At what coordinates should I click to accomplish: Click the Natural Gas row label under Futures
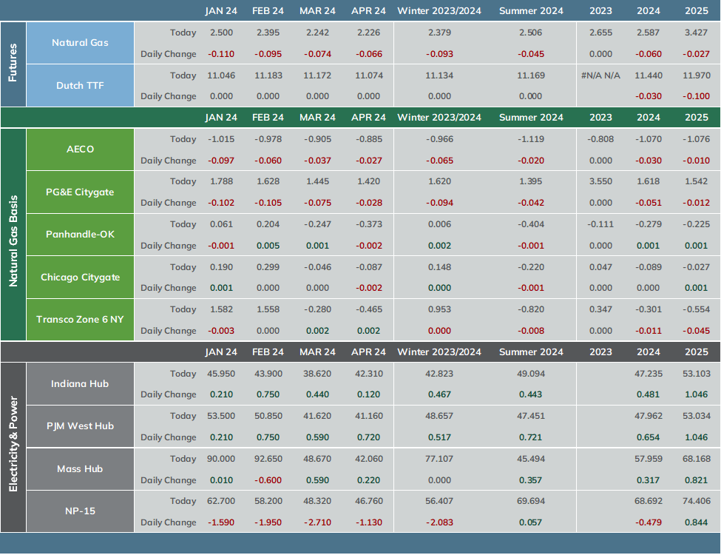tap(80, 43)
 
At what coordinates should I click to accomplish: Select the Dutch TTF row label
tap(80, 86)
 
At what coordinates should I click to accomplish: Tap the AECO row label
tap(80, 149)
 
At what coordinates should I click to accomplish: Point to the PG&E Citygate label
tap(80, 192)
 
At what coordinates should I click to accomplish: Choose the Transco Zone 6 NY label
tap(80, 320)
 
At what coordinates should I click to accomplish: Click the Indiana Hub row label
tap(80, 384)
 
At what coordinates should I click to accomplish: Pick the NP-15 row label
tap(80, 511)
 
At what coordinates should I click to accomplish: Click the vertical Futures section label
tap(13, 63)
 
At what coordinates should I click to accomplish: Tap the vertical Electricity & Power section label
tap(13, 444)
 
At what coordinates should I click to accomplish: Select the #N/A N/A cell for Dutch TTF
tap(600, 75)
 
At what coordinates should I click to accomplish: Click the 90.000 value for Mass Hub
tap(221, 459)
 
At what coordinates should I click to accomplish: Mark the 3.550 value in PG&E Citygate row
tap(600, 181)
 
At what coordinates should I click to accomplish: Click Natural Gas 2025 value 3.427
tap(696, 33)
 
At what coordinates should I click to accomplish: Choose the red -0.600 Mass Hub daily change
tap(268, 480)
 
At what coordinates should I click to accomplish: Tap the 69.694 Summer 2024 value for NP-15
tap(531, 501)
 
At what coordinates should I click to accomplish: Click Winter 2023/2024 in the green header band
tap(439, 118)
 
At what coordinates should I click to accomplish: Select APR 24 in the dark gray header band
tap(368, 352)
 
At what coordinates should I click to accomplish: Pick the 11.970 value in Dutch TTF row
tap(696, 75)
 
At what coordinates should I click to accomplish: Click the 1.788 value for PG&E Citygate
tap(221, 181)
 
